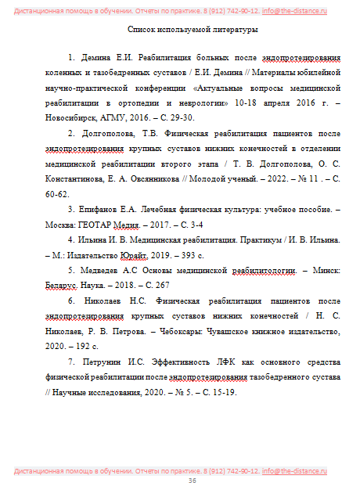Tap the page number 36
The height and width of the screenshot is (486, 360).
[192, 480]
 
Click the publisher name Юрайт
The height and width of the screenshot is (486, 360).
[135, 255]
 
